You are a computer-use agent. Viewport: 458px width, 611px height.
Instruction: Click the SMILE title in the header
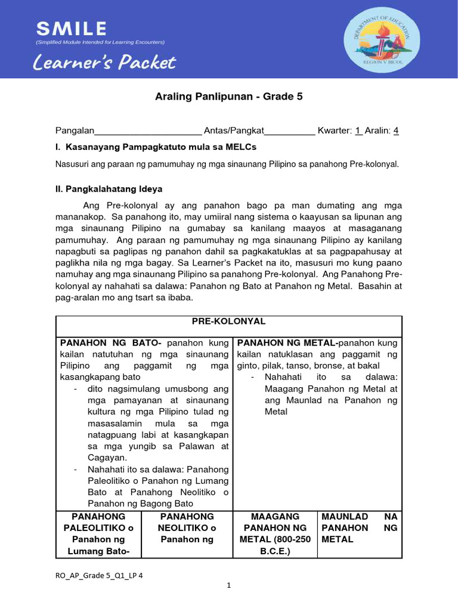(72, 28)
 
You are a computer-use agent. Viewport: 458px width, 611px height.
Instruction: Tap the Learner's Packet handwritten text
(105, 62)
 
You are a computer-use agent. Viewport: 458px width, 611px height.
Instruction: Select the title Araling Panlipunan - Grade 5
(228, 97)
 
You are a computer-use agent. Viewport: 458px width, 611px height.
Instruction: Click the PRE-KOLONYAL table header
(228, 321)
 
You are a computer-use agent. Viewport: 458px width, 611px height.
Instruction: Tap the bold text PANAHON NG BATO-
(112, 342)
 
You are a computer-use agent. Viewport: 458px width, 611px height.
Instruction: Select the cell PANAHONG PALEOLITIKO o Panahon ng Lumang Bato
(98, 533)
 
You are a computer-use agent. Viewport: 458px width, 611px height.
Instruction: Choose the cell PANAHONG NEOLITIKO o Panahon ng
(185, 527)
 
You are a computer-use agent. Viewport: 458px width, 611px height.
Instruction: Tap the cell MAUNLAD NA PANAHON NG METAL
(359, 527)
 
